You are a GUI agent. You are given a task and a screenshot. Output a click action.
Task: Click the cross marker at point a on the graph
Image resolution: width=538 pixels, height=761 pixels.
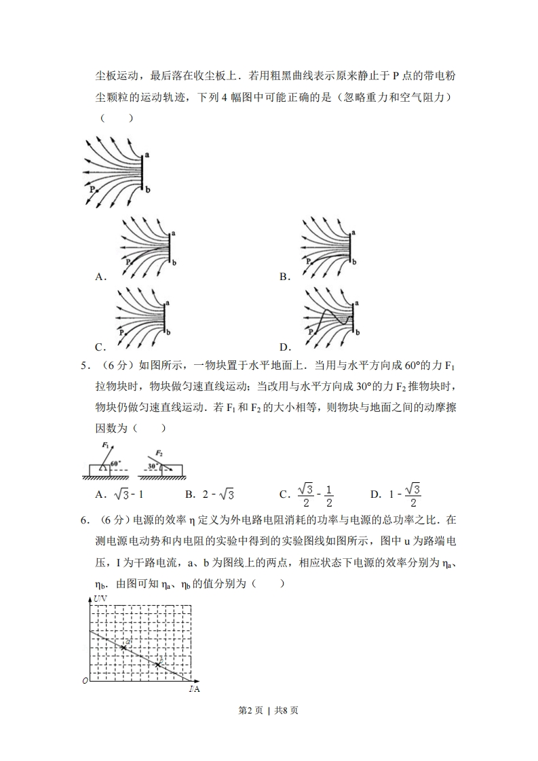click(x=123, y=648)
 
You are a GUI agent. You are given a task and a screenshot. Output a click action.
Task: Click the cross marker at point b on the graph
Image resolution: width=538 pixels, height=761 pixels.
click(x=158, y=665)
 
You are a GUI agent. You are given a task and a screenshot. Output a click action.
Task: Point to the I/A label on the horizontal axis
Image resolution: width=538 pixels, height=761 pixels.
click(x=194, y=689)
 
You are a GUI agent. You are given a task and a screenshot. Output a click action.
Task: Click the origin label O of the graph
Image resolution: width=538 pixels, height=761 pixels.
click(x=85, y=680)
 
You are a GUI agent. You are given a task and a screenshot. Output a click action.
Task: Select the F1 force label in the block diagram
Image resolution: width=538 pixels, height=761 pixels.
click(x=106, y=445)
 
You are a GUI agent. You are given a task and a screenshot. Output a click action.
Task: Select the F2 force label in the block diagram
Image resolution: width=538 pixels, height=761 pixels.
click(x=159, y=452)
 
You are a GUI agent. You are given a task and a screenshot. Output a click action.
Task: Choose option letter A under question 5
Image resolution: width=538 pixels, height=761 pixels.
click(x=100, y=494)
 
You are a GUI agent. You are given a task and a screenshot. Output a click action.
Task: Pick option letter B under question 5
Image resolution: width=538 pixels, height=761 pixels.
click(x=189, y=494)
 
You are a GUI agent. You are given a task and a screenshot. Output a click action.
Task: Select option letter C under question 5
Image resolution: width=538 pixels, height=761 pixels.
click(x=284, y=494)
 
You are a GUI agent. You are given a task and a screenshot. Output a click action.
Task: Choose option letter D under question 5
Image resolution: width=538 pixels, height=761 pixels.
click(x=374, y=494)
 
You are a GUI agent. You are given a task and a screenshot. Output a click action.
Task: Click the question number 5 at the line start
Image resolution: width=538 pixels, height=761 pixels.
click(x=84, y=366)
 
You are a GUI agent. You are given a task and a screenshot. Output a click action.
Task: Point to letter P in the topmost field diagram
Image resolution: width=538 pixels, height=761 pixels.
click(x=92, y=191)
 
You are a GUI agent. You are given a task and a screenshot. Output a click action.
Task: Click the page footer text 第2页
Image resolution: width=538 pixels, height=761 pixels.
click(x=250, y=711)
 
